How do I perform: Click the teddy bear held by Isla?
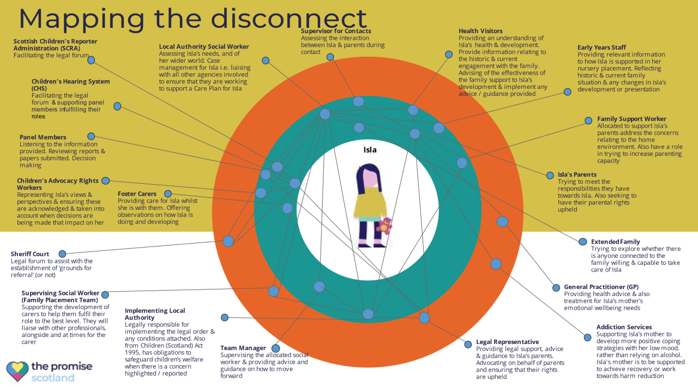[385, 225]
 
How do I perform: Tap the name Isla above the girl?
[370, 150]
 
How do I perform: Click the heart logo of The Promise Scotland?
[17, 371]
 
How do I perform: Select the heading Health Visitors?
[480, 31]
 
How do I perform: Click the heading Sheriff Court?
[30, 254]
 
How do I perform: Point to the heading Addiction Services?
[624, 327]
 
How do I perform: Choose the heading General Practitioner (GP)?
[601, 287]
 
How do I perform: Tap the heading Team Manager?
[243, 348]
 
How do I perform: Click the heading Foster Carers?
[137, 194]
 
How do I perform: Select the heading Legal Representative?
[507, 342]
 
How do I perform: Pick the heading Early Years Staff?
[601, 47]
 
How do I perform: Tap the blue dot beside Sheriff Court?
[62, 254]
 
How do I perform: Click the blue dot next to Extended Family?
[581, 242]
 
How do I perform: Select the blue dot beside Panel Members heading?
[91, 136]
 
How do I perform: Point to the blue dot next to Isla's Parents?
[549, 176]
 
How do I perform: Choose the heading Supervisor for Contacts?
[336, 31]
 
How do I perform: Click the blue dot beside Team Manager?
[275, 348]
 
